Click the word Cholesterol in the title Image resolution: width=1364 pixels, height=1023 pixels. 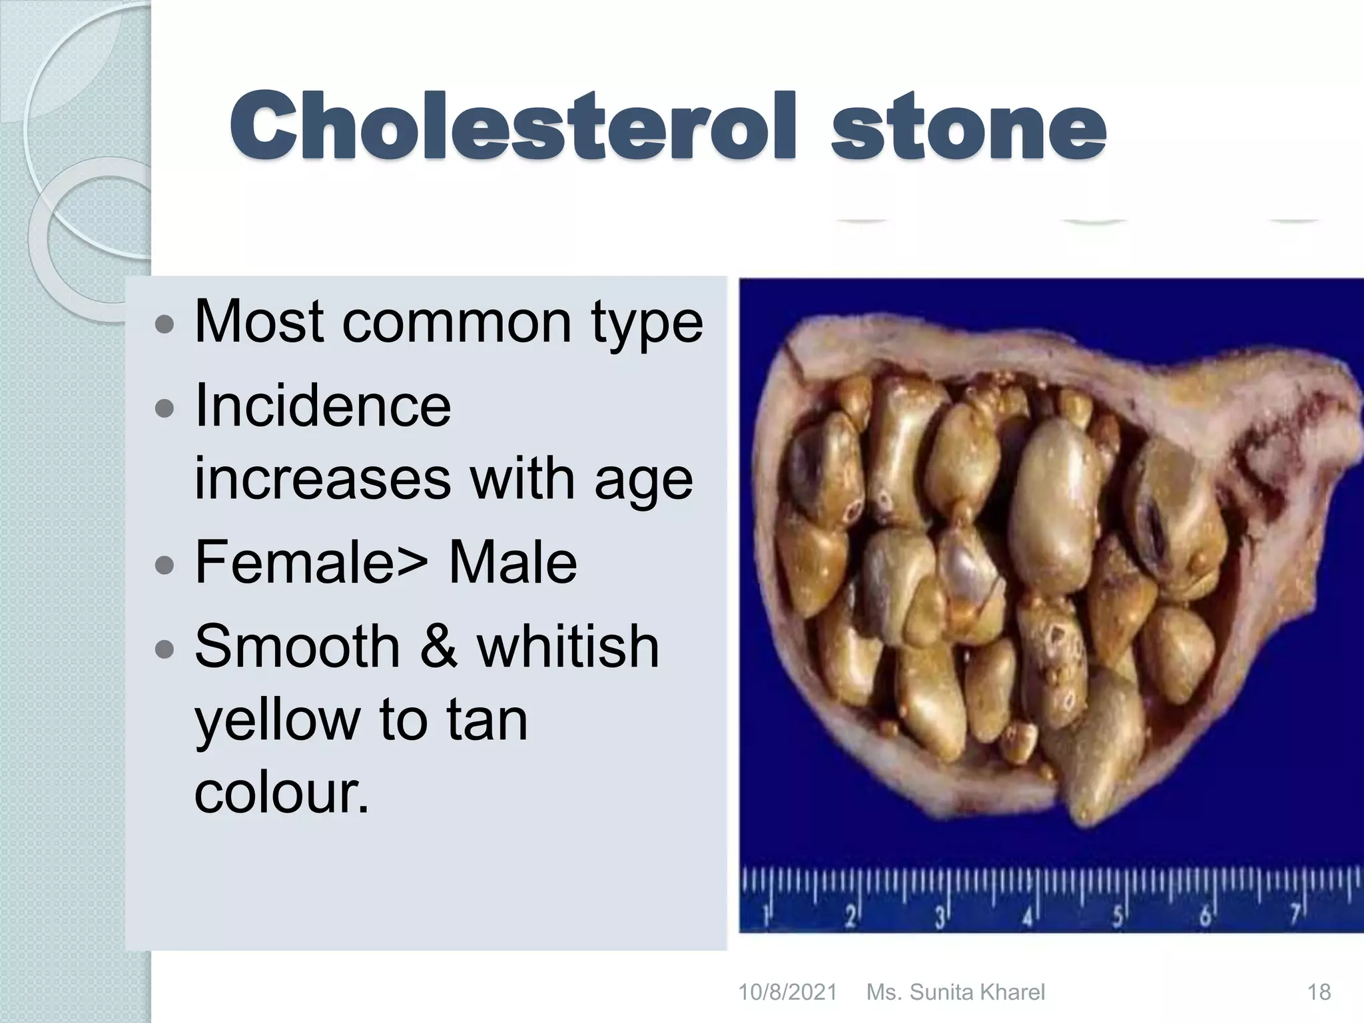[511, 127]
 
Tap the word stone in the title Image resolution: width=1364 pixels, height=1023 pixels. [969, 127]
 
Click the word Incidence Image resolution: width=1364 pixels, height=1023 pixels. [322, 406]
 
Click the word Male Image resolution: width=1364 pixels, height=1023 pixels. [512, 562]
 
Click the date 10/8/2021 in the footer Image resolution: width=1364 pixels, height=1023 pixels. [787, 992]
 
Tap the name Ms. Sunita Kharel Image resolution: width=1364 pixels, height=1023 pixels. [955, 992]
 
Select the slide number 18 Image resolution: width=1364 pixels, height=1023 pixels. [1319, 992]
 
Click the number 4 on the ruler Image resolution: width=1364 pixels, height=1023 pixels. [1027, 918]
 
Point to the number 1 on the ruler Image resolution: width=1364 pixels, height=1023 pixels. [767, 917]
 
